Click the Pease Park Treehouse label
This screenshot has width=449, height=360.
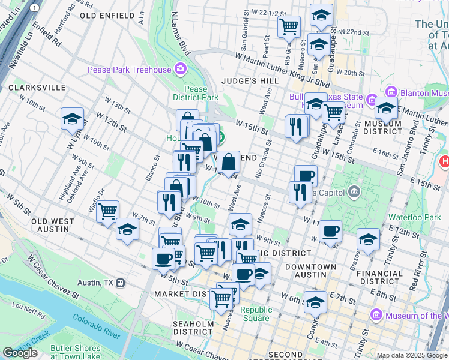click(129, 70)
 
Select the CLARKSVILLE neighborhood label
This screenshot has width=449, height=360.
click(37, 88)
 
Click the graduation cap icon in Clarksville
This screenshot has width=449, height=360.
click(72, 119)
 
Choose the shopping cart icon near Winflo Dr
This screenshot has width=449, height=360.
click(107, 211)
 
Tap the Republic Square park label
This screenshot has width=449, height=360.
click(256, 314)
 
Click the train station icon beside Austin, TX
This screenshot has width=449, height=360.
click(121, 282)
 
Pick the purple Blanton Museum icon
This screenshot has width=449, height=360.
click(391, 93)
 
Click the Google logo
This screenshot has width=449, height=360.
click(20, 353)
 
